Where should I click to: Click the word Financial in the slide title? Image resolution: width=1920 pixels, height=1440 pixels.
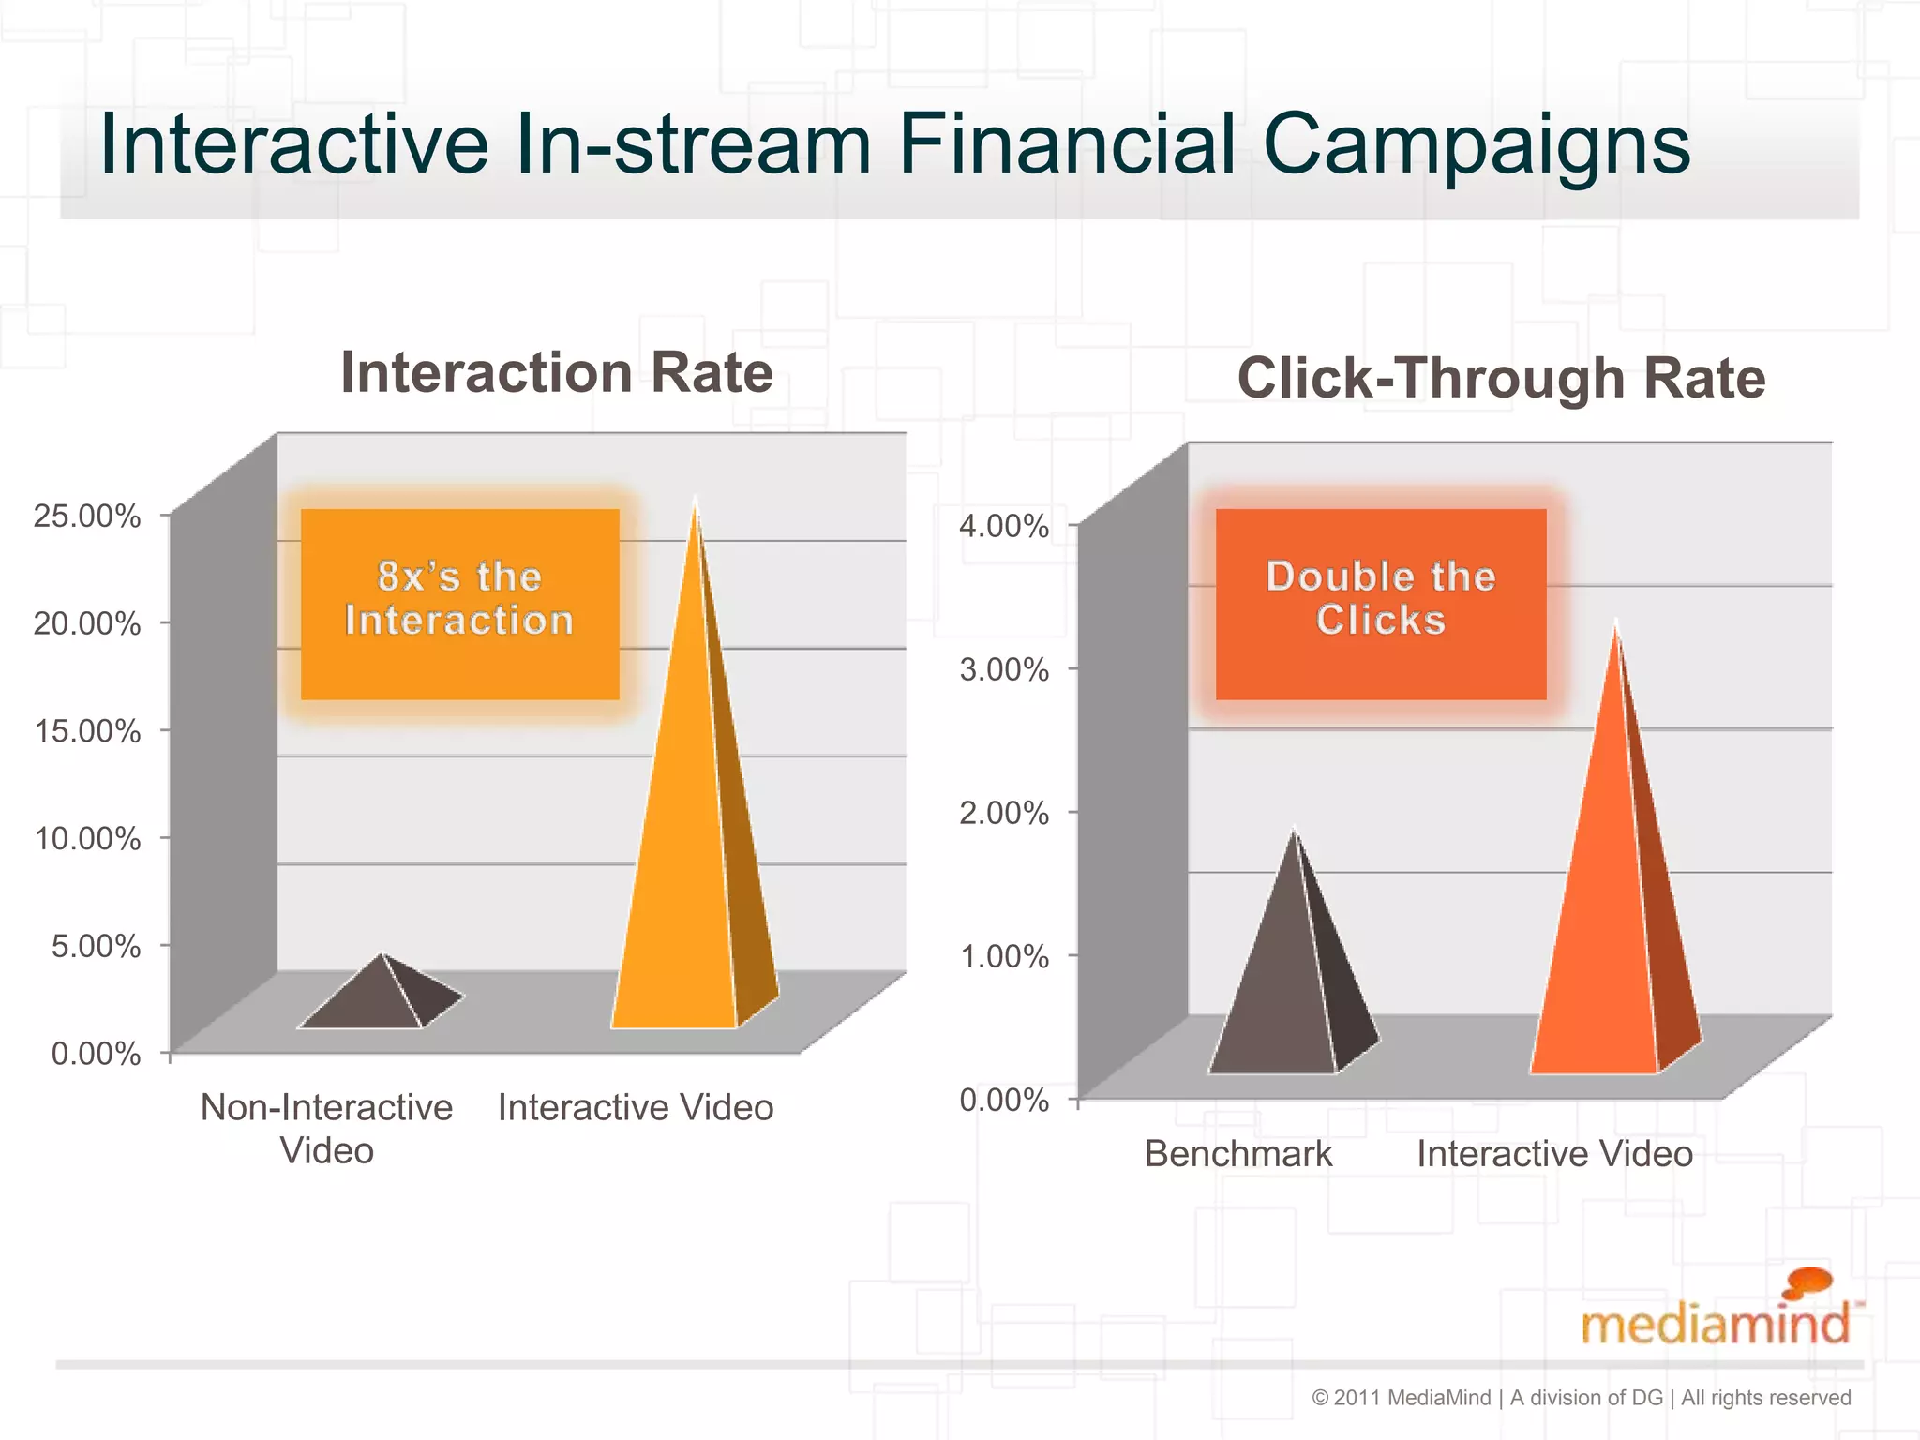[1067, 145]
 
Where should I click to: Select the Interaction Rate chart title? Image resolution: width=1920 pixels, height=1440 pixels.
[557, 373]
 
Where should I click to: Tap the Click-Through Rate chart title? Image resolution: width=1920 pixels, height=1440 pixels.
[1501, 378]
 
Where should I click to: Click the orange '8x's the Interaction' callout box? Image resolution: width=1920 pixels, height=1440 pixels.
[459, 603]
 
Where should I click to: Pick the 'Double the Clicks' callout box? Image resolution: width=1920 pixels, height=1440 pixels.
[1380, 603]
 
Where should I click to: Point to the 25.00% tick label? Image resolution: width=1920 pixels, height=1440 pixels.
[87, 516]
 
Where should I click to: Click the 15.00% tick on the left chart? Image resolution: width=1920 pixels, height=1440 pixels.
[87, 730]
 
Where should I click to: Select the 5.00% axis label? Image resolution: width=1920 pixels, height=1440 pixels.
[96, 945]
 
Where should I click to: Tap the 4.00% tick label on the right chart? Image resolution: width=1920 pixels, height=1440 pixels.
[1003, 526]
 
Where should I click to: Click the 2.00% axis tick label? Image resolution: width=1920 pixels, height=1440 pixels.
[1003, 813]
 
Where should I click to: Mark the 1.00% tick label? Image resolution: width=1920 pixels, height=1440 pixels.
[1003, 956]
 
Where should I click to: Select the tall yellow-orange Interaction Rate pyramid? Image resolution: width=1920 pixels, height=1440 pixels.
[689, 844]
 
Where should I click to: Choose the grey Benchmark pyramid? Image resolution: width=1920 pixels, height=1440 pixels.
[1284, 984]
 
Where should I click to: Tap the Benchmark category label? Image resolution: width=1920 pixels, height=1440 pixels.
[1237, 1154]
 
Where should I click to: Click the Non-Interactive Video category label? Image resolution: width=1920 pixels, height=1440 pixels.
[326, 1128]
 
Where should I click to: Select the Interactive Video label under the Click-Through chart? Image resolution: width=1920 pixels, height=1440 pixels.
[1554, 1154]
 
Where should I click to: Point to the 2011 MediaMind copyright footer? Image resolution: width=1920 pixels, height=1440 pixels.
[1581, 1398]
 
